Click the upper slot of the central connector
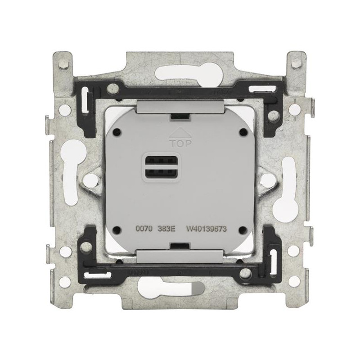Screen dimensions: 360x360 pos(161,159)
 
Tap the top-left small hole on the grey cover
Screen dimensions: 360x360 pos(118,132)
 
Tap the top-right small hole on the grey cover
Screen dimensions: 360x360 pos(242,132)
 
